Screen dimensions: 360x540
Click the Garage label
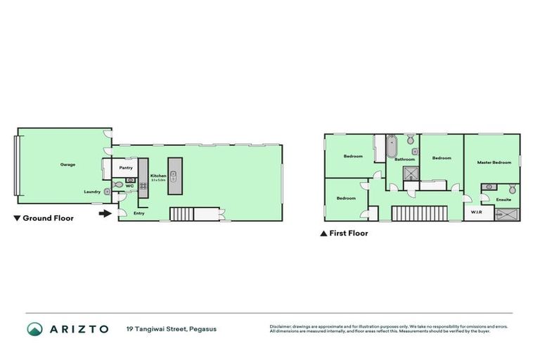click(x=67, y=165)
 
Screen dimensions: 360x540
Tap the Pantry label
click(x=126, y=168)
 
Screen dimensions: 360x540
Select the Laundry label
click(x=91, y=192)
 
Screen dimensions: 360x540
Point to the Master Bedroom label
click(x=494, y=162)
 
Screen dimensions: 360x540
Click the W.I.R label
click(x=476, y=212)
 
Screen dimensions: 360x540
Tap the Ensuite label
click(x=503, y=200)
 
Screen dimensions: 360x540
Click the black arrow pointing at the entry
click(x=105, y=213)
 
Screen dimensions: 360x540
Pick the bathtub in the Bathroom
click(x=393, y=148)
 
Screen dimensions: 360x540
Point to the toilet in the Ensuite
click(x=513, y=190)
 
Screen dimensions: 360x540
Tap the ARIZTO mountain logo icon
click(x=34, y=329)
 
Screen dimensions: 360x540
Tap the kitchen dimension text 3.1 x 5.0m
click(x=158, y=180)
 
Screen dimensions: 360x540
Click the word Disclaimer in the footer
click(x=281, y=326)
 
